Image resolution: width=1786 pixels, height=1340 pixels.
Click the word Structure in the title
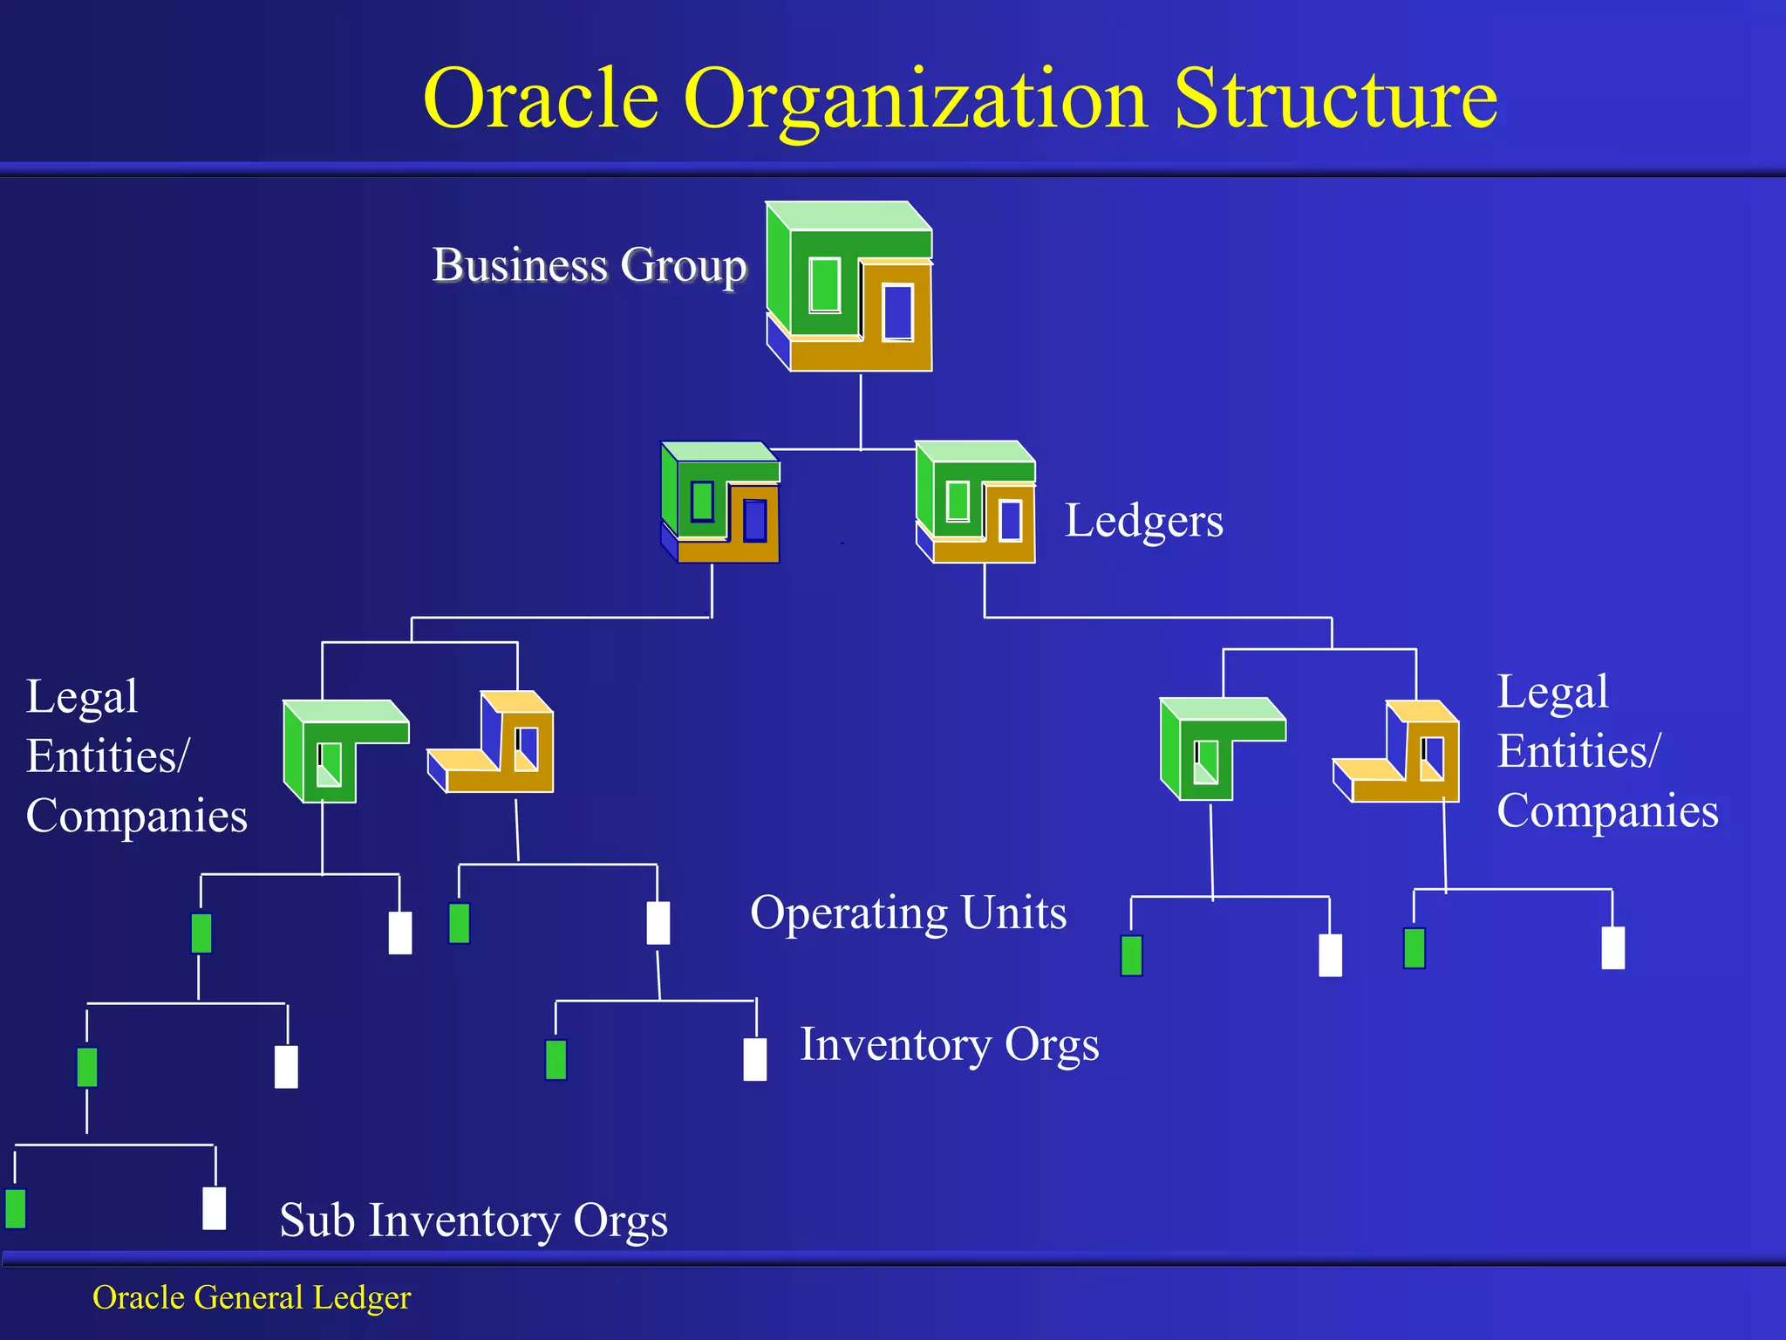pos(1335,99)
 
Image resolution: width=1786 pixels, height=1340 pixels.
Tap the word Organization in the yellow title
pos(915,100)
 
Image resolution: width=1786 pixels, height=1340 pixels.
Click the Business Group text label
pos(590,264)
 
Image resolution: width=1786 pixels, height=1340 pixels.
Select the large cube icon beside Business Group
pos(849,287)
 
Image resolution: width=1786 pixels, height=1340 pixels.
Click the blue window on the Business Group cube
pos(898,311)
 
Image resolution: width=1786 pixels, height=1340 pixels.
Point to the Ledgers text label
pos(1143,521)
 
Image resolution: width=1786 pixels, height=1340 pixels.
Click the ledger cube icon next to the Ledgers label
pos(976,502)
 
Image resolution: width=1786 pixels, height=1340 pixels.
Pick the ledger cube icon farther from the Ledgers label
pos(720,503)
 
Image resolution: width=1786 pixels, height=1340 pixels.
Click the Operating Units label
pos(908,913)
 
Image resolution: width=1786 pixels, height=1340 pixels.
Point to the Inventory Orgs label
pos(949,1044)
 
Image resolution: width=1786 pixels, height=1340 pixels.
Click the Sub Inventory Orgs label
pos(474,1220)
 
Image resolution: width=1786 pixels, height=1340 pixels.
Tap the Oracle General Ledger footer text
pos(251,1297)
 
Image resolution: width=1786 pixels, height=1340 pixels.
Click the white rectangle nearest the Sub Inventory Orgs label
pos(214,1208)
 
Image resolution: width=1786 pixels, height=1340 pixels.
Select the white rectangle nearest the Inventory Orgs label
pos(755,1059)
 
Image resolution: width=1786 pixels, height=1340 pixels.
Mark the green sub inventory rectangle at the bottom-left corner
pos(16,1208)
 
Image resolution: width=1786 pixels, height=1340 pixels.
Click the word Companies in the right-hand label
pos(1607,810)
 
